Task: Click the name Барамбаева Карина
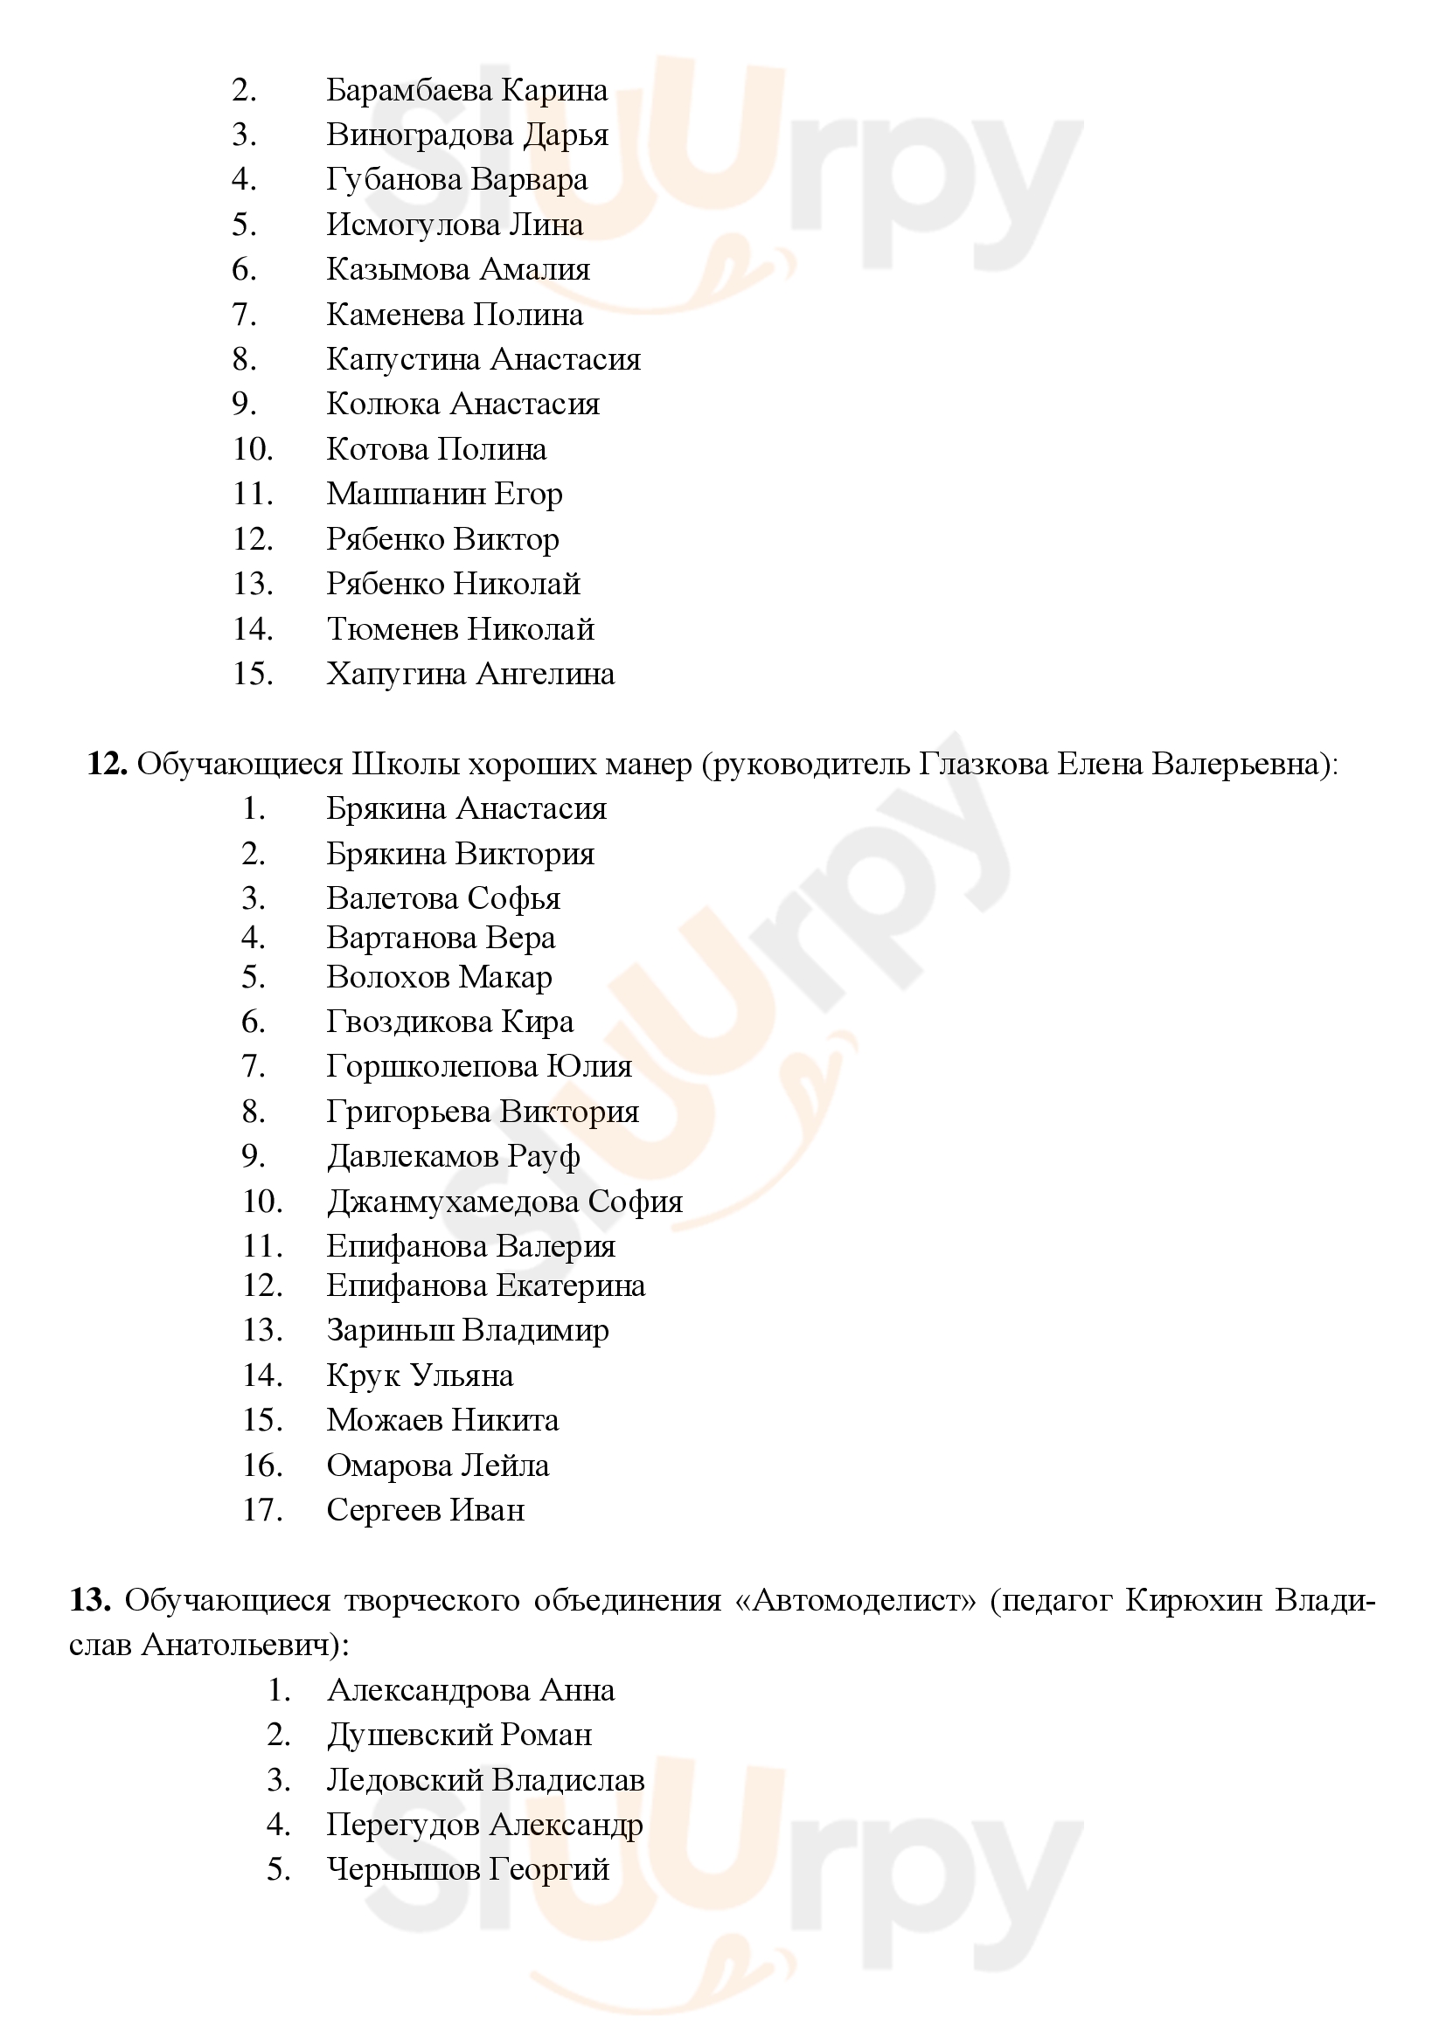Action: coord(467,91)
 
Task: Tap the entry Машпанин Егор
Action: coord(444,494)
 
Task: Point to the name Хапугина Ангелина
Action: coord(470,674)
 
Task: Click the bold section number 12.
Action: coord(108,764)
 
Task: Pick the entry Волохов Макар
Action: coord(439,978)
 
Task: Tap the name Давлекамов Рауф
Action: coord(453,1156)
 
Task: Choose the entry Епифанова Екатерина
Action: coord(485,1285)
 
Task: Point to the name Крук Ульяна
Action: coord(420,1375)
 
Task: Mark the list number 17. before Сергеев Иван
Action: coord(262,1510)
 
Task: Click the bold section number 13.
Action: coord(90,1601)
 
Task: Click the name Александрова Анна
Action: coord(470,1691)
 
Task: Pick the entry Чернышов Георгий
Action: coord(468,1869)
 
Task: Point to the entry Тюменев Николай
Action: coord(461,629)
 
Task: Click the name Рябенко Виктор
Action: coord(442,539)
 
